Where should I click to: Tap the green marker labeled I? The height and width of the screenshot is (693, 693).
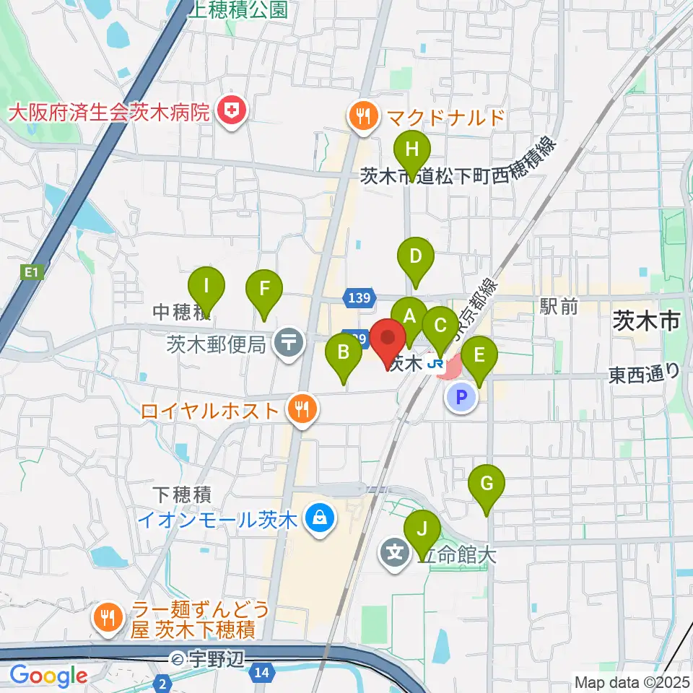206,286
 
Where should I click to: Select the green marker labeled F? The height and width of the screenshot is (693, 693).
264,289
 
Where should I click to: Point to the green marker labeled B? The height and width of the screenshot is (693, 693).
344,354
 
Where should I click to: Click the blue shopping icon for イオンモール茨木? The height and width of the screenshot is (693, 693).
318,518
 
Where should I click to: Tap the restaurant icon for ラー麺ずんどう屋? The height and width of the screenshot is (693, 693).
109,616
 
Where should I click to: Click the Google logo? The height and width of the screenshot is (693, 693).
48,676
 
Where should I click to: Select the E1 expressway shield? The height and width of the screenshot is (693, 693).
29,272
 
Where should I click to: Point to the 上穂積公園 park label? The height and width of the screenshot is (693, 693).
237,9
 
